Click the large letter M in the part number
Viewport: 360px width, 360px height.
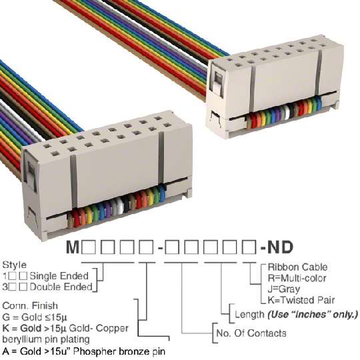(x=73, y=247)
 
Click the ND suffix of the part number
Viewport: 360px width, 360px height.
(x=281, y=247)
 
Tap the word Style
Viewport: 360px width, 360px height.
(x=14, y=265)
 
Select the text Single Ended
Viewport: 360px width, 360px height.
(x=59, y=276)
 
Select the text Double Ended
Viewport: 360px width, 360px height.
(x=61, y=287)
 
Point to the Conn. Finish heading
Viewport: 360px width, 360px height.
(x=30, y=306)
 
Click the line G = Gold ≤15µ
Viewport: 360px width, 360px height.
(x=35, y=317)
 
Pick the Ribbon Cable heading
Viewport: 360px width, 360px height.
(x=297, y=267)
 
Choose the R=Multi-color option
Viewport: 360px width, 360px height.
(x=297, y=278)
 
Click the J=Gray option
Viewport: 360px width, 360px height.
(x=284, y=289)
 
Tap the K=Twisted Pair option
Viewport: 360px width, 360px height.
(x=301, y=300)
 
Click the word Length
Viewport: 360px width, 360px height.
(x=249, y=314)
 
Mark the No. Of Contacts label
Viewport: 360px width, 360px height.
(x=251, y=333)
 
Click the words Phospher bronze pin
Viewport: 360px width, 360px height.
(x=119, y=351)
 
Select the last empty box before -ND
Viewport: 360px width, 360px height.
(x=249, y=247)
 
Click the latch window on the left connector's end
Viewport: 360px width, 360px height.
(x=31, y=175)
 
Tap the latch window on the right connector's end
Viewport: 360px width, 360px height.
(x=218, y=82)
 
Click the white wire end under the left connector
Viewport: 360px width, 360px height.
(x=120, y=205)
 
